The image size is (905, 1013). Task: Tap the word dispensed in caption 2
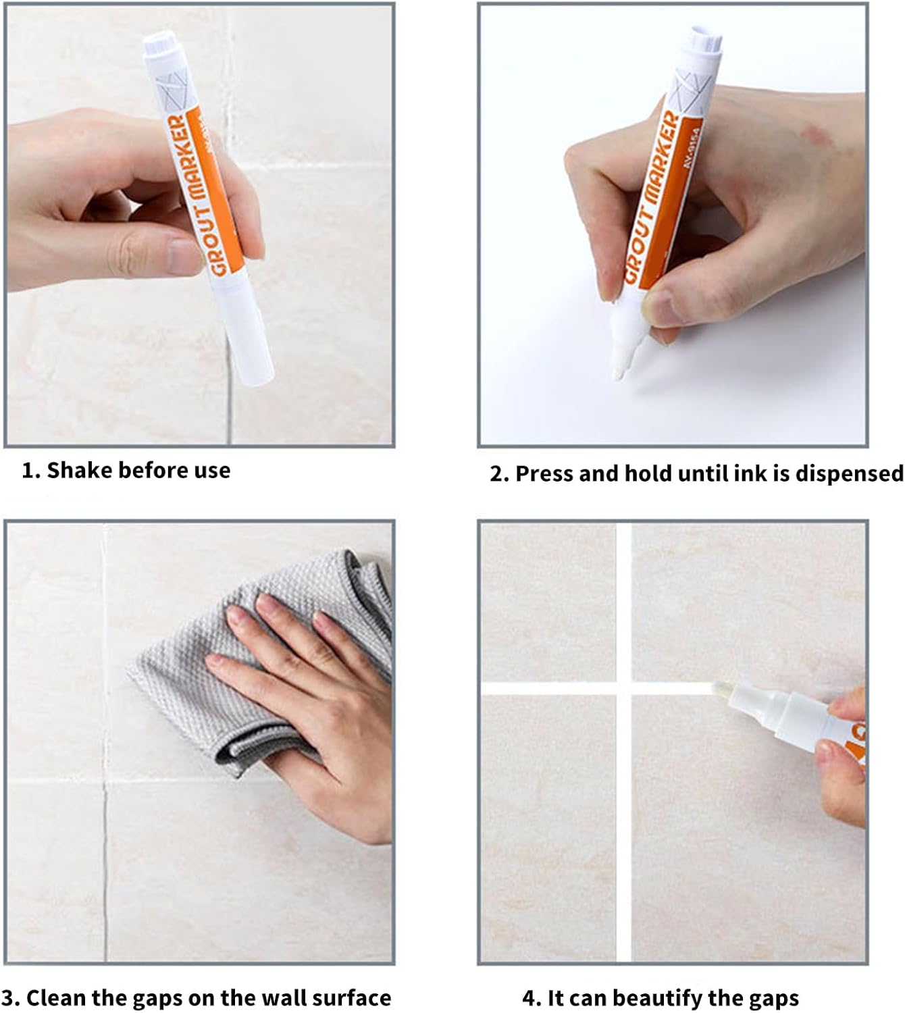pos(850,474)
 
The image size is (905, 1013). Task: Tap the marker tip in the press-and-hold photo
pos(619,374)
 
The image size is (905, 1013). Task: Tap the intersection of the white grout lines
pos(624,688)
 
